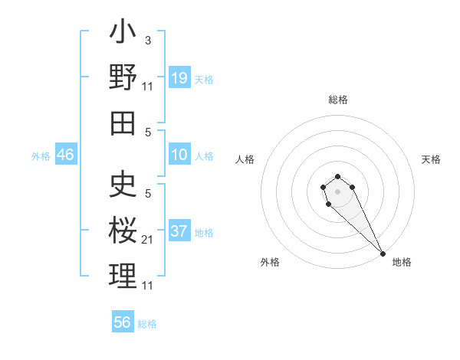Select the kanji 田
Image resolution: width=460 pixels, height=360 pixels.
pyautogui.click(x=123, y=123)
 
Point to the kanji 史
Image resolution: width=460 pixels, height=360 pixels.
pyautogui.click(x=123, y=184)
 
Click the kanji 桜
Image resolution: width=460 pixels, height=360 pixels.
pyautogui.click(x=123, y=229)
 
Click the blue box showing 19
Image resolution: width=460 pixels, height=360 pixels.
pyautogui.click(x=179, y=77)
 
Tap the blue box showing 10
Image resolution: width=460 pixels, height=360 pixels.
pyautogui.click(x=179, y=155)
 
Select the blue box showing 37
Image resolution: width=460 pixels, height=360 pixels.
pyautogui.click(x=179, y=231)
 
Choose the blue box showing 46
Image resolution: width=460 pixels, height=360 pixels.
pyautogui.click(x=65, y=155)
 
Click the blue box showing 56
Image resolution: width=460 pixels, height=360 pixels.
pyautogui.click(x=123, y=322)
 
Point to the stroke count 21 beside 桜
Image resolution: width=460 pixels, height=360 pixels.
pyautogui.click(x=147, y=240)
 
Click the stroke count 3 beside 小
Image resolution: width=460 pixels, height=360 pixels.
pyautogui.click(x=147, y=39)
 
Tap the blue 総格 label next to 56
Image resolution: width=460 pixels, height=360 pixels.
pyautogui.click(x=147, y=324)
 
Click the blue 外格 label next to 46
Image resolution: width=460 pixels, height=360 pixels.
pyautogui.click(x=41, y=155)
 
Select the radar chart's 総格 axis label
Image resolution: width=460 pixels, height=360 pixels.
pyautogui.click(x=337, y=100)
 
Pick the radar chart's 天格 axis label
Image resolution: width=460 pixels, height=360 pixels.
pyautogui.click(x=432, y=159)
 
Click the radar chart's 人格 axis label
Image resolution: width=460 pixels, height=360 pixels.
pyautogui.click(x=245, y=159)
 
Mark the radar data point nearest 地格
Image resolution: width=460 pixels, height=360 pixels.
pyautogui.click(x=383, y=254)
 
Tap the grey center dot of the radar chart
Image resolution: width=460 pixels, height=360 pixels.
pyautogui.click(x=337, y=191)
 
